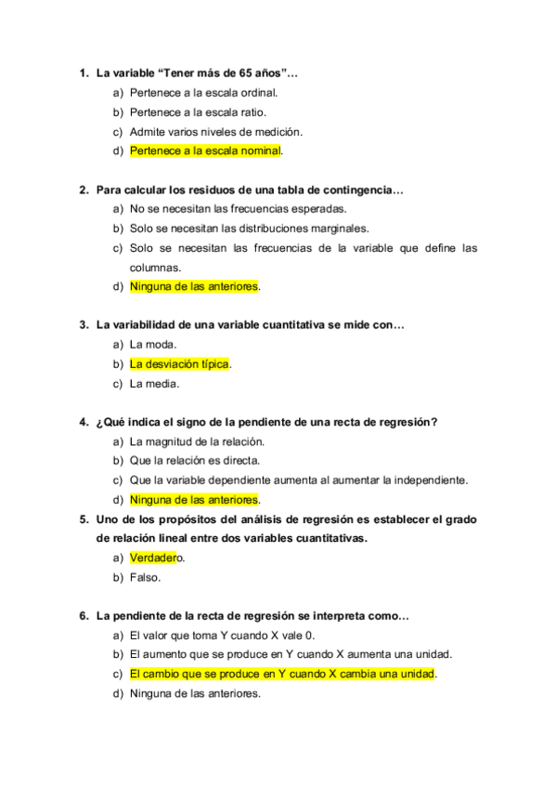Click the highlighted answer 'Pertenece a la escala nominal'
[x=205, y=151]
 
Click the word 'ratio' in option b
[x=253, y=112]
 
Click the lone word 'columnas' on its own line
[x=155, y=267]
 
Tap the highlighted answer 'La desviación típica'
[x=179, y=363]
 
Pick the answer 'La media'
[x=154, y=383]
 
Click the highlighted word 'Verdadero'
[x=154, y=558]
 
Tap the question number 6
[x=83, y=615]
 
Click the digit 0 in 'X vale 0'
[x=310, y=636]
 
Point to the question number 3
[x=83, y=325]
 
